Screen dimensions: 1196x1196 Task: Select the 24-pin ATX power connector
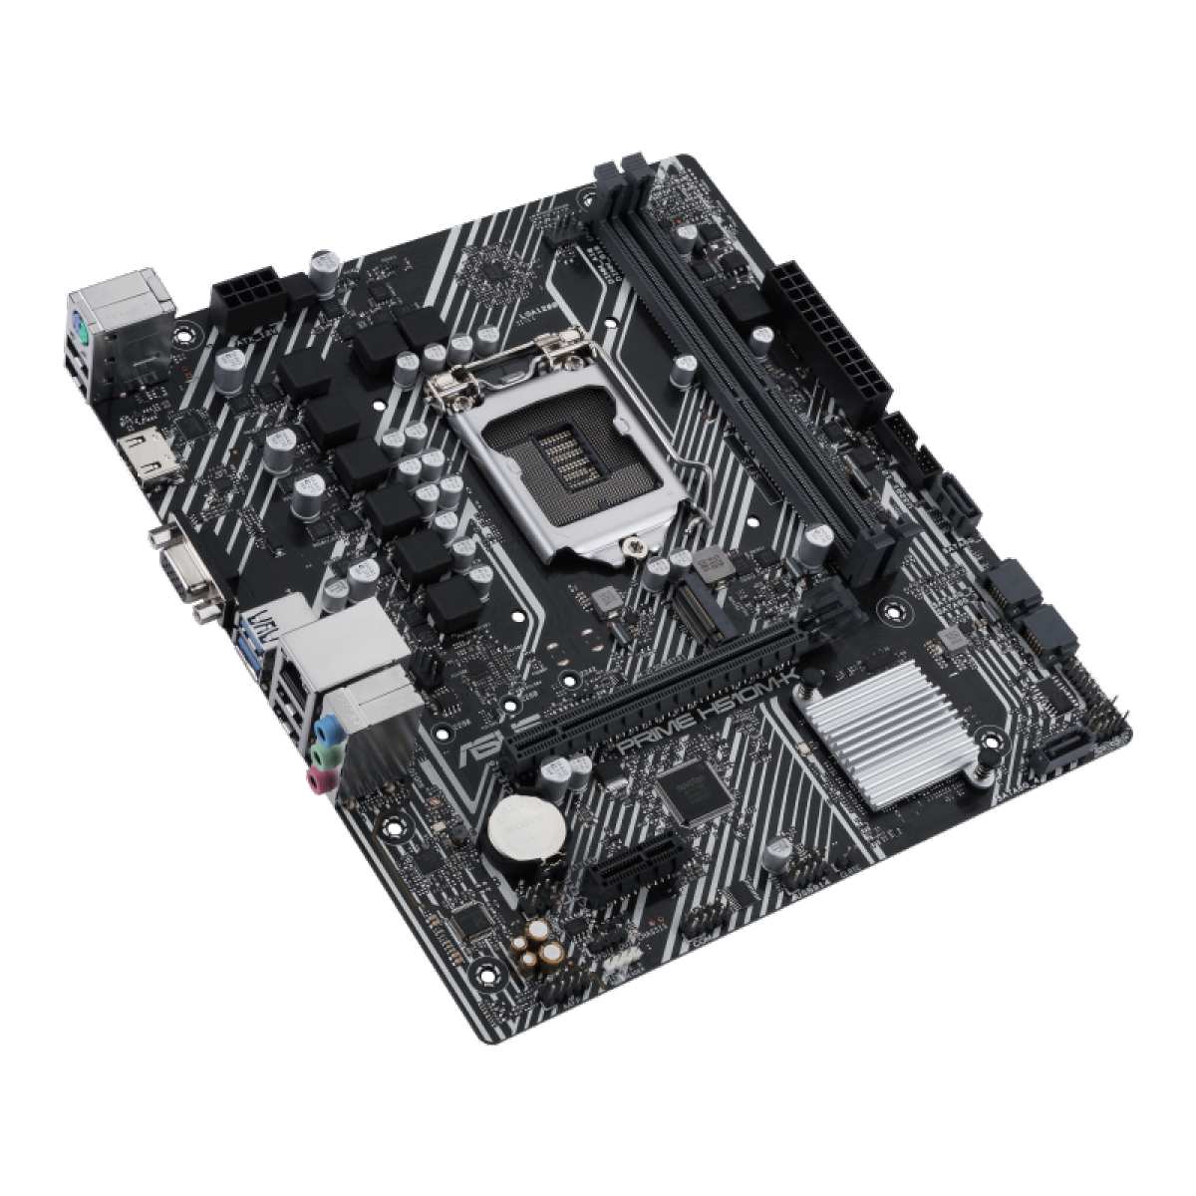point(829,337)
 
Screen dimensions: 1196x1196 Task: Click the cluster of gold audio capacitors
point(543,945)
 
